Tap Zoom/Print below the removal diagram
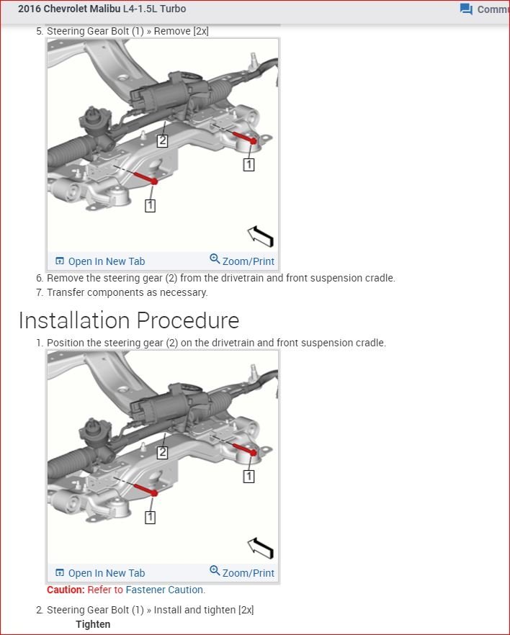[x=242, y=261]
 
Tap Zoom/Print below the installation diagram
[x=242, y=572]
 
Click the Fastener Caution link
[x=165, y=590]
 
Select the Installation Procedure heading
[x=129, y=320]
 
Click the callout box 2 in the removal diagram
[x=163, y=141]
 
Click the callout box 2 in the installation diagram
[x=163, y=453]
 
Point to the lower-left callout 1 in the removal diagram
[x=150, y=205]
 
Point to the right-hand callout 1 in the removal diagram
[x=249, y=164]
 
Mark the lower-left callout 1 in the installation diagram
[x=150, y=517]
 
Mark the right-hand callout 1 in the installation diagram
[x=249, y=476]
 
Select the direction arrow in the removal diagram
[x=260, y=235]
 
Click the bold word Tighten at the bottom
[x=93, y=624]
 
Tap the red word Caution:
[x=66, y=590]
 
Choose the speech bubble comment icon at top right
[x=466, y=9]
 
